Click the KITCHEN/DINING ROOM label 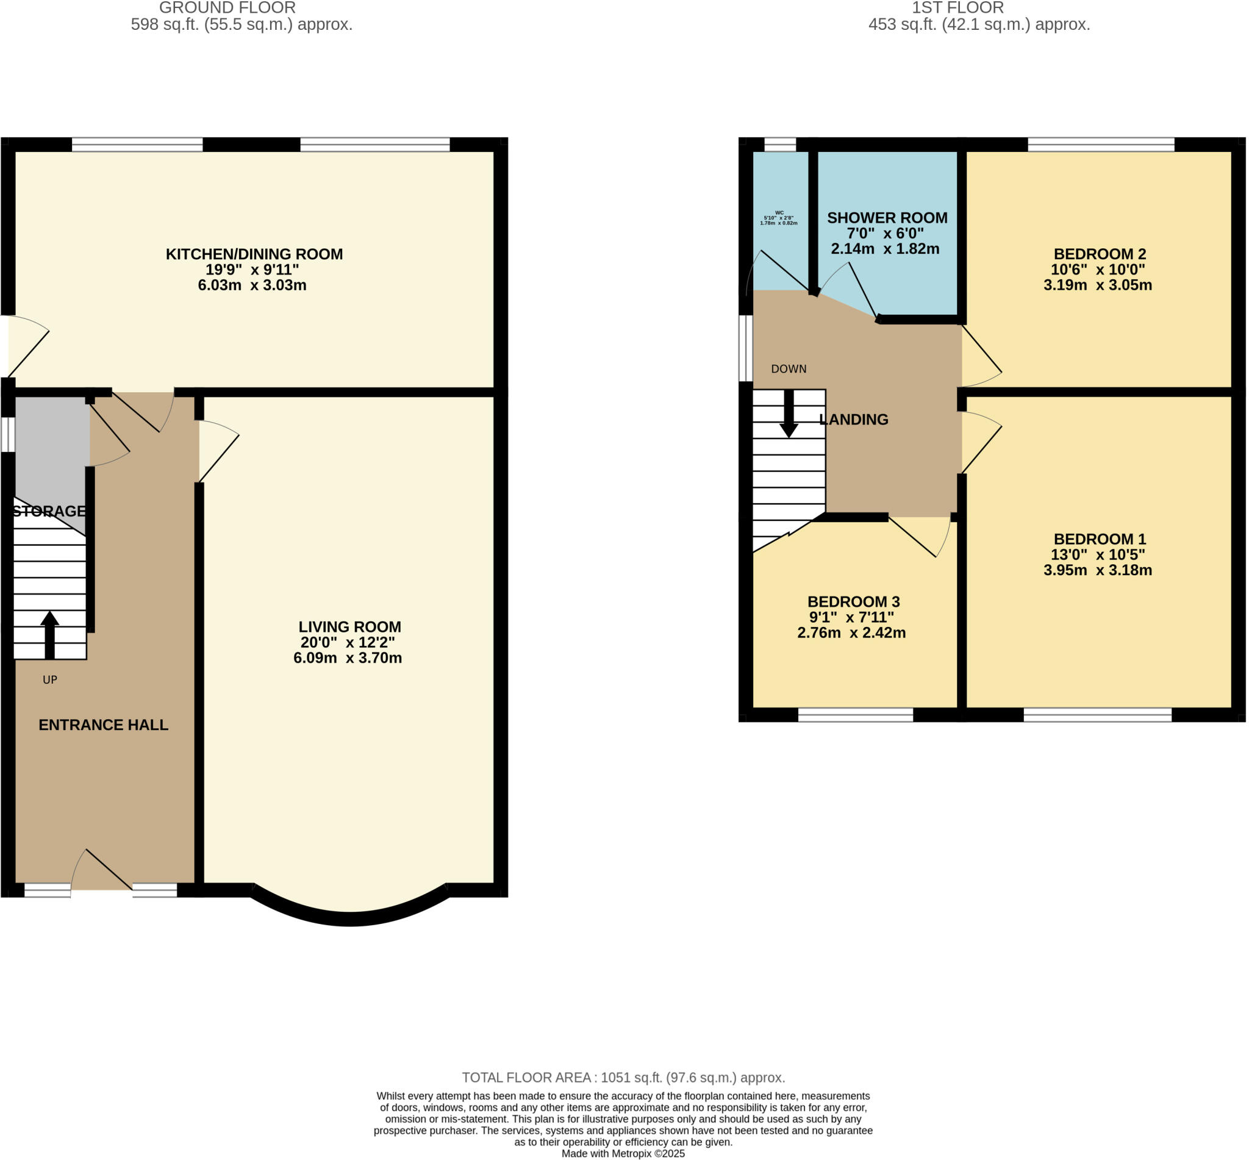tap(254, 254)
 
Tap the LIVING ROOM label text tap(349, 626)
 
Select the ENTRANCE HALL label tap(104, 725)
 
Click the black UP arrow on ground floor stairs tap(49, 635)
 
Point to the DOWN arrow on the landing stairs tap(789, 414)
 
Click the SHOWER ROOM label tap(886, 218)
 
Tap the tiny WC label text tap(779, 213)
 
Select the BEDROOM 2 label tap(1099, 254)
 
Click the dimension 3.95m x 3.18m tap(1097, 570)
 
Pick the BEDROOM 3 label tap(853, 601)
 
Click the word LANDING tap(854, 420)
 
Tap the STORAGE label tap(49, 510)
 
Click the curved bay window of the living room tap(350, 918)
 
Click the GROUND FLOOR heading tap(227, 8)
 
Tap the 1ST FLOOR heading tap(957, 8)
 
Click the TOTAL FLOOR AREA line tap(623, 1077)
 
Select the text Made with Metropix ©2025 tap(623, 1153)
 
